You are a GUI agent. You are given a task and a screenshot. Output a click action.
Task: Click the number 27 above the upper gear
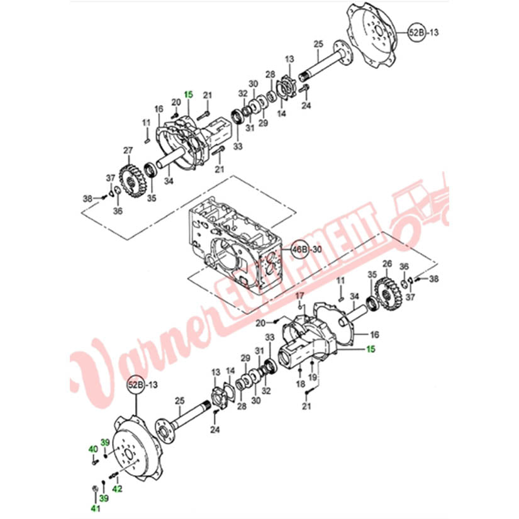[x=128, y=150]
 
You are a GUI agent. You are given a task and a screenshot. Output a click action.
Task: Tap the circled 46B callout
[x=300, y=249]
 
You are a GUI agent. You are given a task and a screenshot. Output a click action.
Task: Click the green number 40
[x=93, y=449]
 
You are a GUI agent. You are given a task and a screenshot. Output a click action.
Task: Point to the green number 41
[x=96, y=507]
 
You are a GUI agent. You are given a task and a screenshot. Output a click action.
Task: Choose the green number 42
[x=117, y=489]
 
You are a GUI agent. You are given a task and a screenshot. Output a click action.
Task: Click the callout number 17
[x=299, y=295]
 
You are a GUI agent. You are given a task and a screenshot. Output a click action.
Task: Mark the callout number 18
[x=300, y=384]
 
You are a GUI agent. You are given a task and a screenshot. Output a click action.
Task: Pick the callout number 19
[x=313, y=377]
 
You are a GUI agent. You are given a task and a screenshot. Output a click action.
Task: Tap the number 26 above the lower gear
[x=388, y=264]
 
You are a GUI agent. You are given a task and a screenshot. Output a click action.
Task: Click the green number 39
[x=105, y=442]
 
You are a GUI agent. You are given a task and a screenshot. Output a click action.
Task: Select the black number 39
[x=104, y=498]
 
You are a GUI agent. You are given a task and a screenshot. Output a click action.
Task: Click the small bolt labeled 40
[x=95, y=461]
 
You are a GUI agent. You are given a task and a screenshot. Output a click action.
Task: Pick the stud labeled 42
[x=113, y=476]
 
